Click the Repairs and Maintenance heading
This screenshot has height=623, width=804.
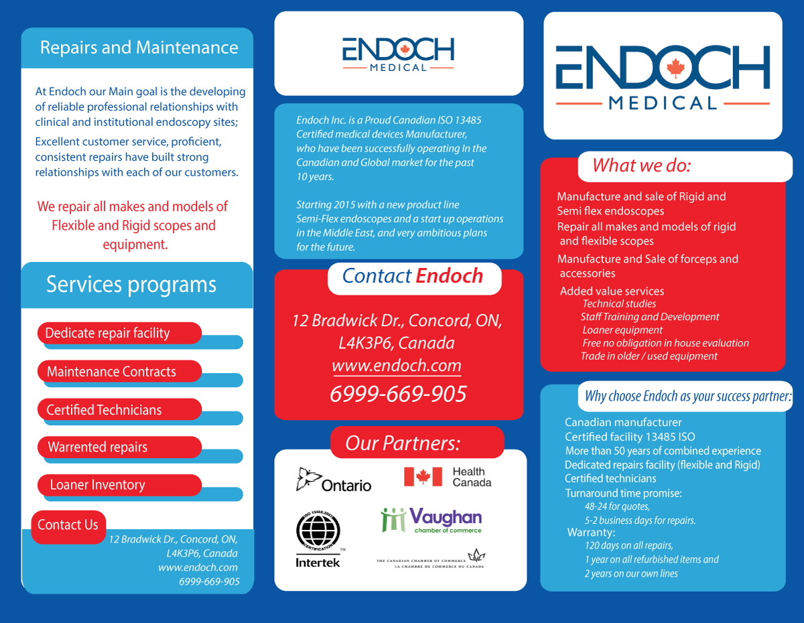pyautogui.click(x=139, y=48)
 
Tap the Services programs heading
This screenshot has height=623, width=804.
pyautogui.click(x=131, y=284)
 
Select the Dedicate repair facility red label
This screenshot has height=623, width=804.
pyautogui.click(x=108, y=333)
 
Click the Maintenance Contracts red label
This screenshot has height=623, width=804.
pyautogui.click(x=112, y=371)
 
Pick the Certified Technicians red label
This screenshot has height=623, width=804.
pyautogui.click(x=105, y=409)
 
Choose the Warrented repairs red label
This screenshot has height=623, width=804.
pyautogui.click(x=98, y=447)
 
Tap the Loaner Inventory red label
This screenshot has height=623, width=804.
pyautogui.click(x=98, y=485)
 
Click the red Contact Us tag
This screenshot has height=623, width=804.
pyautogui.click(x=68, y=525)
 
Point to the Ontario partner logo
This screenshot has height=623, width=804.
pyautogui.click(x=334, y=480)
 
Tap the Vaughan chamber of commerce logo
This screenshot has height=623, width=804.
pyautogui.click(x=431, y=520)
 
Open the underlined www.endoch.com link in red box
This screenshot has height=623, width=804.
pyautogui.click(x=397, y=366)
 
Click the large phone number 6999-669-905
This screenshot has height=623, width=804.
pyautogui.click(x=398, y=394)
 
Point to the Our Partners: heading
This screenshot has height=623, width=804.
pyautogui.click(x=403, y=443)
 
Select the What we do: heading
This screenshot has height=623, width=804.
pyautogui.click(x=641, y=165)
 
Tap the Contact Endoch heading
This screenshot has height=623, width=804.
pyautogui.click(x=413, y=275)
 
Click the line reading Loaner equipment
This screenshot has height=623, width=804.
pyautogui.click(x=622, y=330)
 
